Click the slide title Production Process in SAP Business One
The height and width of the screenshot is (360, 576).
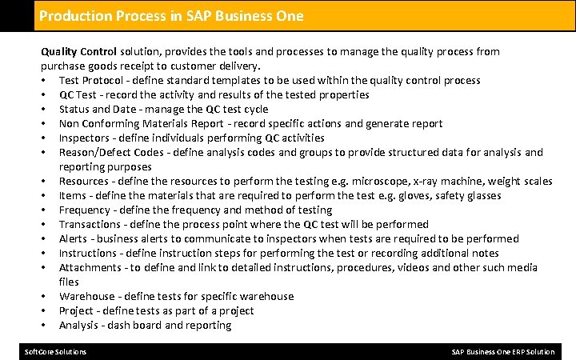pos(171,16)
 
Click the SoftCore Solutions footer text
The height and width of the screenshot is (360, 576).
pos(55,352)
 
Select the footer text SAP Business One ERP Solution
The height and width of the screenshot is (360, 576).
pos(502,352)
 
